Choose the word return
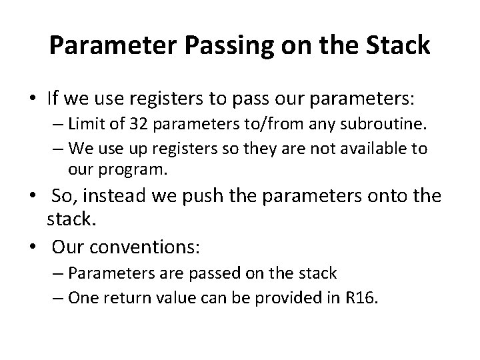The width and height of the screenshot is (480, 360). point(121,297)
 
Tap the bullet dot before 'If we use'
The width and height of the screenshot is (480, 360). point(33,99)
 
